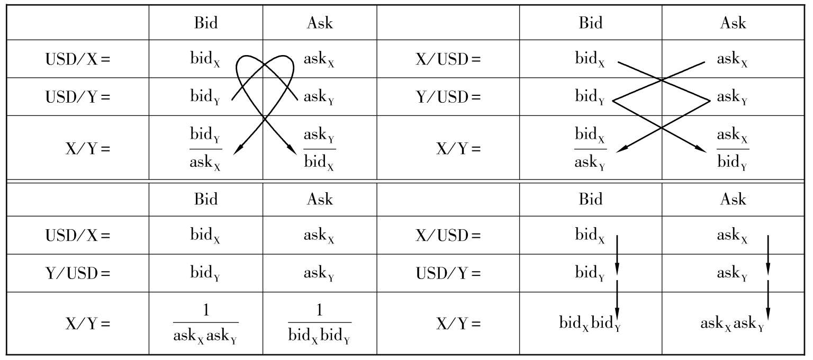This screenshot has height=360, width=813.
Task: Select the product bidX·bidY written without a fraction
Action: click(x=590, y=323)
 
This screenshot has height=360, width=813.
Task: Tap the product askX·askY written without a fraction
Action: click(x=732, y=323)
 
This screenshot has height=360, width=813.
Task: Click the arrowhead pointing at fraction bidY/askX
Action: click(x=237, y=150)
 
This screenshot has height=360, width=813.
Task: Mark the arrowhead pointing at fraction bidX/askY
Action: click(x=620, y=150)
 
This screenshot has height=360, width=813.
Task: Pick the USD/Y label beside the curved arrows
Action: click(x=77, y=97)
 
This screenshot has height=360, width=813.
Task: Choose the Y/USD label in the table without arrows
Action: click(x=77, y=274)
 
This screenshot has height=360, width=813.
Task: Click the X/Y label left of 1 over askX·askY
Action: click(x=87, y=323)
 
